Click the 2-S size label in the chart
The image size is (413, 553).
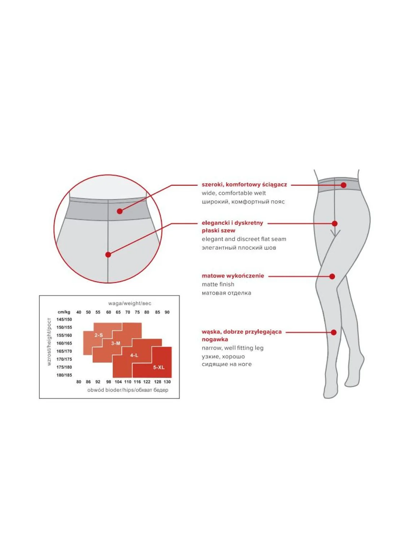pos(99,335)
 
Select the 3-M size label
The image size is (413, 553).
pos(116,343)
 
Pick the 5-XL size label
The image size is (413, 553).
pos(159,367)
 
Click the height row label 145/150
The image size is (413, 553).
pos(64,319)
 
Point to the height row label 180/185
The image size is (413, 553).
pos(64,375)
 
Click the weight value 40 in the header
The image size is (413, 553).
pos(79,312)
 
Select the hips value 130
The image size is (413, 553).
pos(167,382)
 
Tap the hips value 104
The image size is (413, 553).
pos(118,382)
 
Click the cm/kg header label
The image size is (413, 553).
pos(64,312)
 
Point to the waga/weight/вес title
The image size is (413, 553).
pos(130,303)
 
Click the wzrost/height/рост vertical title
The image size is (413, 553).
pos(49,342)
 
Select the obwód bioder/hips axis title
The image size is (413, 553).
pos(128,390)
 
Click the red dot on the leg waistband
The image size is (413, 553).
pos(343,185)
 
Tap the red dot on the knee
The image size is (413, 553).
pos(332,276)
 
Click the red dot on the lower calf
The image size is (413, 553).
pos(334,332)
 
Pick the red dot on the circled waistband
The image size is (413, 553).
pos(120,212)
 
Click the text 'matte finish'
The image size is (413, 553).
pos(218,284)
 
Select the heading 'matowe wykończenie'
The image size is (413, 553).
pos(233,276)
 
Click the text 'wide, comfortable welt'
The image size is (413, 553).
pos(234,193)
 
